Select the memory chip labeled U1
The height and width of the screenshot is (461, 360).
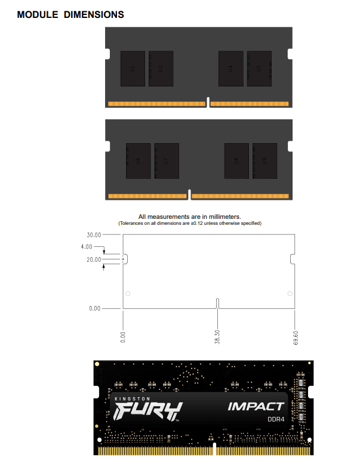(x=133, y=68)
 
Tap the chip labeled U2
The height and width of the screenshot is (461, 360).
(x=161, y=68)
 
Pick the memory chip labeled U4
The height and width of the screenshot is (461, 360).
(x=230, y=68)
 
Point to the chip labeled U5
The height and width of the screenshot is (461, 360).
(x=259, y=68)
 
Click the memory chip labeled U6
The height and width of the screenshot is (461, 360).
(x=138, y=160)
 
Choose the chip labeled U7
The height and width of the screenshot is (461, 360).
(x=167, y=160)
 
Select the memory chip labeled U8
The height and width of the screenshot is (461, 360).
(x=236, y=160)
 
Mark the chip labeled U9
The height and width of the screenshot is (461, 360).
(x=264, y=160)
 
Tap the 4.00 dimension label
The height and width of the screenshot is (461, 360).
(x=87, y=246)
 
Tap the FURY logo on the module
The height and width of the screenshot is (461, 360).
(x=147, y=411)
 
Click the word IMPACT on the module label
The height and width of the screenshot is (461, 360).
(x=256, y=407)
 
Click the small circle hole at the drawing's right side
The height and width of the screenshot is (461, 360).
(x=290, y=293)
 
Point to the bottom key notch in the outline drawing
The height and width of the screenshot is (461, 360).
(x=217, y=304)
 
